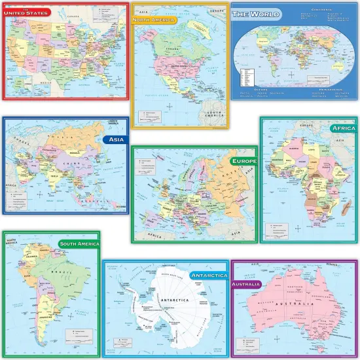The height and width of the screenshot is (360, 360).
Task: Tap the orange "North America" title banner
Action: pyautogui.click(x=154, y=20)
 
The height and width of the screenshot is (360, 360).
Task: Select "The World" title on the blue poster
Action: pyautogui.click(x=257, y=14)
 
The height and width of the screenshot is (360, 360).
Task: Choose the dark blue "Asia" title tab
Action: pyautogui.click(x=115, y=139)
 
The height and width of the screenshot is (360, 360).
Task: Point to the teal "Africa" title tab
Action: pyautogui.click(x=342, y=128)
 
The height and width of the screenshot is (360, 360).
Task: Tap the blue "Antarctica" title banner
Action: pyautogui.click(x=208, y=276)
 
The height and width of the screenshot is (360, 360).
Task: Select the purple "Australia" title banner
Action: pyautogui.click(x=246, y=284)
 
